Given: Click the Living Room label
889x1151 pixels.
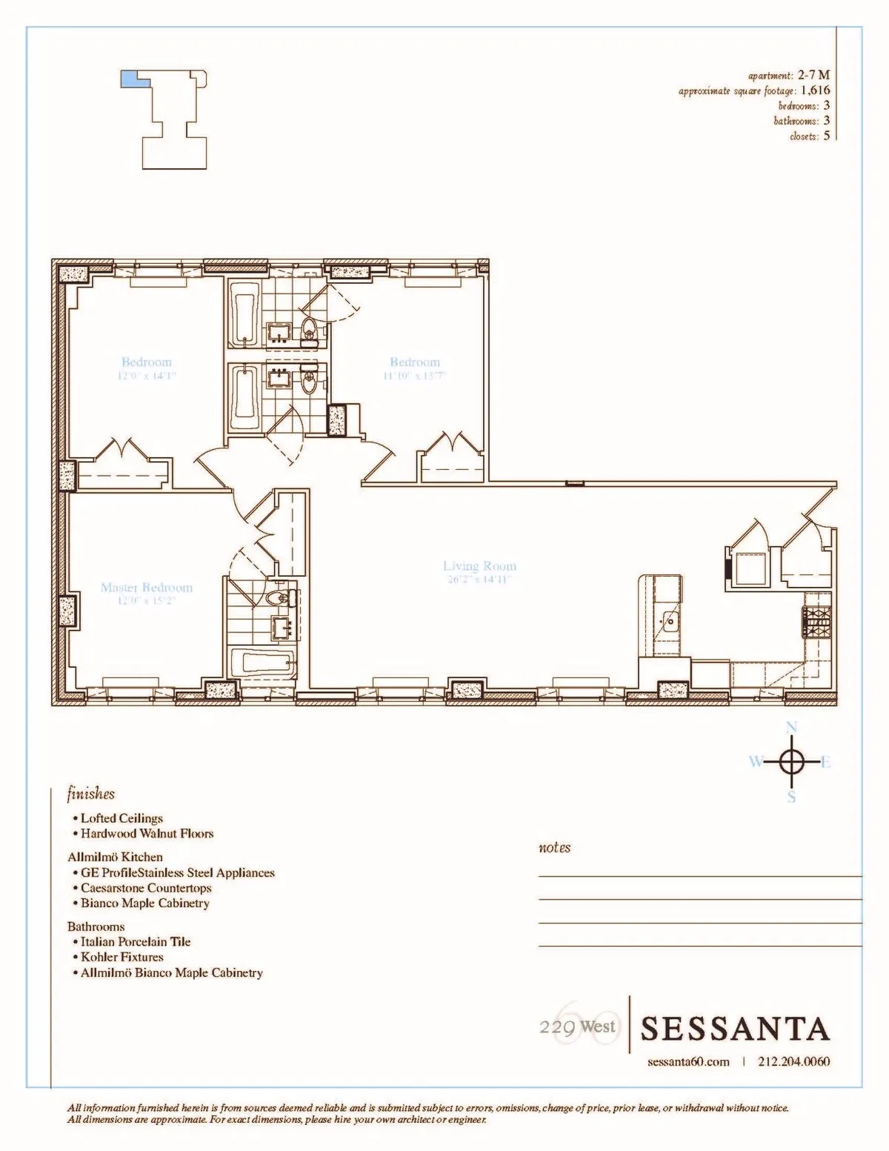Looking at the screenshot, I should [x=479, y=566].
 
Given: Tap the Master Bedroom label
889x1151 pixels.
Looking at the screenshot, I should [x=147, y=588].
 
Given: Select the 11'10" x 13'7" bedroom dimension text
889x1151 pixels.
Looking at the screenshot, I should [x=415, y=376].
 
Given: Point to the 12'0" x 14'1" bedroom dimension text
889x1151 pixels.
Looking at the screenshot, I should [x=147, y=376].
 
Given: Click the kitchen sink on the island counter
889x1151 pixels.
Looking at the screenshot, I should [x=670, y=620].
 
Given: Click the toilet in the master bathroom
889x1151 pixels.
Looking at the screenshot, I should [x=281, y=599].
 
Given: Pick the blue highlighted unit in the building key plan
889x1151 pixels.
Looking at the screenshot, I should [x=130, y=79].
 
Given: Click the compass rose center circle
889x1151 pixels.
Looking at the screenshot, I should [x=791, y=761].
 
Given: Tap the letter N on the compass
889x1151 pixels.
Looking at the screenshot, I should [x=791, y=727].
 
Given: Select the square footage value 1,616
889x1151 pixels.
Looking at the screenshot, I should [x=816, y=90].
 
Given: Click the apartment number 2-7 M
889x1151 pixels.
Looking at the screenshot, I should [x=813, y=75].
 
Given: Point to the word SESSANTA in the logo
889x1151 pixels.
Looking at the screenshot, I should [x=734, y=1029].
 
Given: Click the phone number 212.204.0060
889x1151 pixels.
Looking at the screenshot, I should [x=794, y=1061].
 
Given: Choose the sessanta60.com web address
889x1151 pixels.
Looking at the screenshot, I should [x=688, y=1061].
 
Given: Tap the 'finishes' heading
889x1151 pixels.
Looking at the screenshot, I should [x=91, y=794].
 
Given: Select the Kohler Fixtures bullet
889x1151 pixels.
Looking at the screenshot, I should [x=121, y=957].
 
